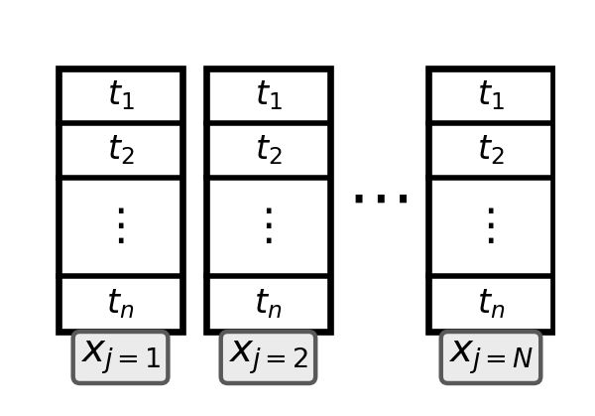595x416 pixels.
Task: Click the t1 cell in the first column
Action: point(121,95)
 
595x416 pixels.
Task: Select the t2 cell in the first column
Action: point(121,150)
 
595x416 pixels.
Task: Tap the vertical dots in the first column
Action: point(121,225)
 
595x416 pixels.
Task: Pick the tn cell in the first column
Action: point(121,303)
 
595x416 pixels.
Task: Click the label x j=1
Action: point(121,356)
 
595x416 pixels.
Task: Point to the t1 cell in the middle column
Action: point(269,95)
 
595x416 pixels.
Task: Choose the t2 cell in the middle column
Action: point(269,150)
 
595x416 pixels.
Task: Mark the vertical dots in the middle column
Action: point(269,225)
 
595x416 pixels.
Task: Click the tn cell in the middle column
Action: point(269,303)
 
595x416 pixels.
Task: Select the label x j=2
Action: point(269,356)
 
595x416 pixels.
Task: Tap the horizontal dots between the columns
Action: point(381,198)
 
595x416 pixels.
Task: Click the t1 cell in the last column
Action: point(491,95)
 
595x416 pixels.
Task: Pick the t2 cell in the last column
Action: point(491,150)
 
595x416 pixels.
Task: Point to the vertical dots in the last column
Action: point(491,225)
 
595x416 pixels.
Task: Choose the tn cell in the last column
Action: point(491,303)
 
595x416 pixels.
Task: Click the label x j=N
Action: point(491,356)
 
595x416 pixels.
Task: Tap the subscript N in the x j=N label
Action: point(522,359)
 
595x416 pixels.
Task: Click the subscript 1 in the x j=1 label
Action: point(152,359)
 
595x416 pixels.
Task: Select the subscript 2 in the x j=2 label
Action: point(299,359)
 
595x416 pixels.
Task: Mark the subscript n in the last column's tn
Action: point(499,311)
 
